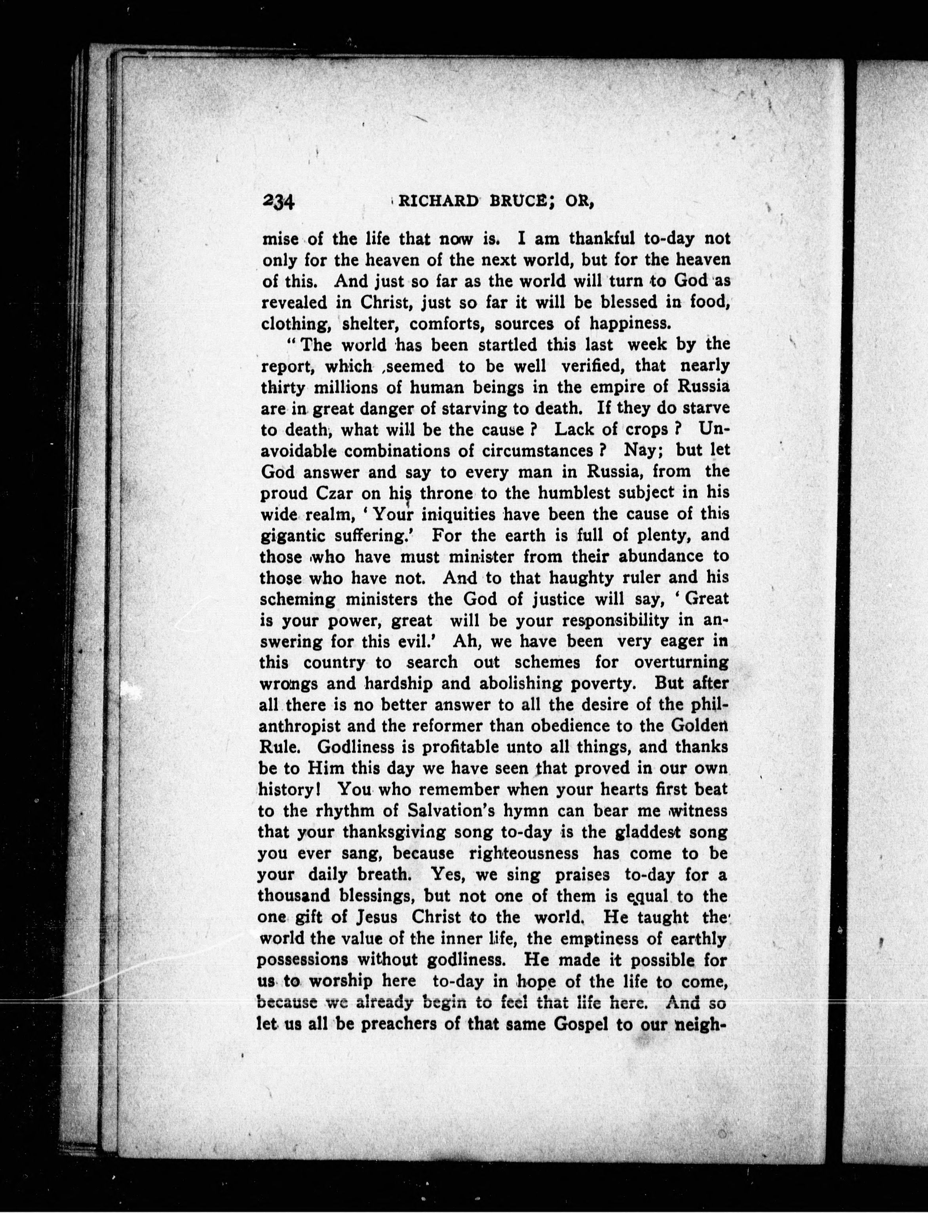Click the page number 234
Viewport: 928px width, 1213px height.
pos(280,202)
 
